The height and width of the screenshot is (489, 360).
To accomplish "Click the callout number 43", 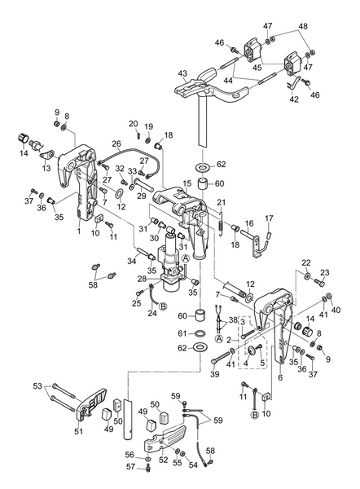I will [x=183, y=73].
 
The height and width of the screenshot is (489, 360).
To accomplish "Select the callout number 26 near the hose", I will [x=116, y=144].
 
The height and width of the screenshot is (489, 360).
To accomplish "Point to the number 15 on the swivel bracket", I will [x=187, y=184].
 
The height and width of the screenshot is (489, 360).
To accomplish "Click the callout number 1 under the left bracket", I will [x=78, y=231].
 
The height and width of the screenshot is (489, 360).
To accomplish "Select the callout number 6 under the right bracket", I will [x=280, y=378].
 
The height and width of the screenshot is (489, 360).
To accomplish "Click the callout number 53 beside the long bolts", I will [x=37, y=385].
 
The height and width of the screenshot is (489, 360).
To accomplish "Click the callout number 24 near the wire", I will [x=152, y=312].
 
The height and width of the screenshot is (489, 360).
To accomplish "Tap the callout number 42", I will [x=295, y=99].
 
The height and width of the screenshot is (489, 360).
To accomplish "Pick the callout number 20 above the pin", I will [x=133, y=123].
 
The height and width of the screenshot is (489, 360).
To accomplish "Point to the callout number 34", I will [x=131, y=261].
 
